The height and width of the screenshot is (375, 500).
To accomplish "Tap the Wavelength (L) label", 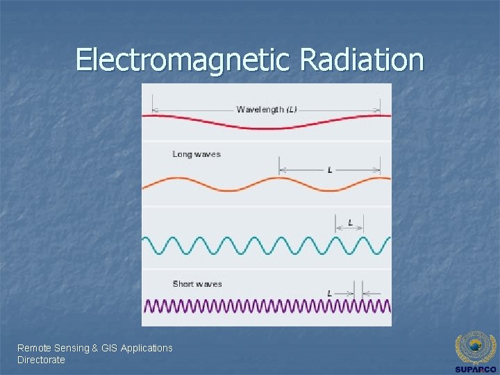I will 267,110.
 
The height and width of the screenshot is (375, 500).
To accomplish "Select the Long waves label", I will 197,154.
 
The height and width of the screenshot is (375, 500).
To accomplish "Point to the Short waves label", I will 197,283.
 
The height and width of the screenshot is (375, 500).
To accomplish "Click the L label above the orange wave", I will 330,170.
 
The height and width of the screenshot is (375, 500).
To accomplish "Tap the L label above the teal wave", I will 350,223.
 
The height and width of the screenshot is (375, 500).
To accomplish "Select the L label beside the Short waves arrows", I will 329,294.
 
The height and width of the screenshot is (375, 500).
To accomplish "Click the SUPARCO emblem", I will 475,348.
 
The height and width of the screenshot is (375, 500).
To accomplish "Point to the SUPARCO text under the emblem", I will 475,369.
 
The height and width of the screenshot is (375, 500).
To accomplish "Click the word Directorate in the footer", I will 41,360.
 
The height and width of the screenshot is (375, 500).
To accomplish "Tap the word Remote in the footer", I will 33,348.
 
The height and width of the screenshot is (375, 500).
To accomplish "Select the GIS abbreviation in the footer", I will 109,348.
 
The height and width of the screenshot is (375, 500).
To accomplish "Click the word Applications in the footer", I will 147,348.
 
